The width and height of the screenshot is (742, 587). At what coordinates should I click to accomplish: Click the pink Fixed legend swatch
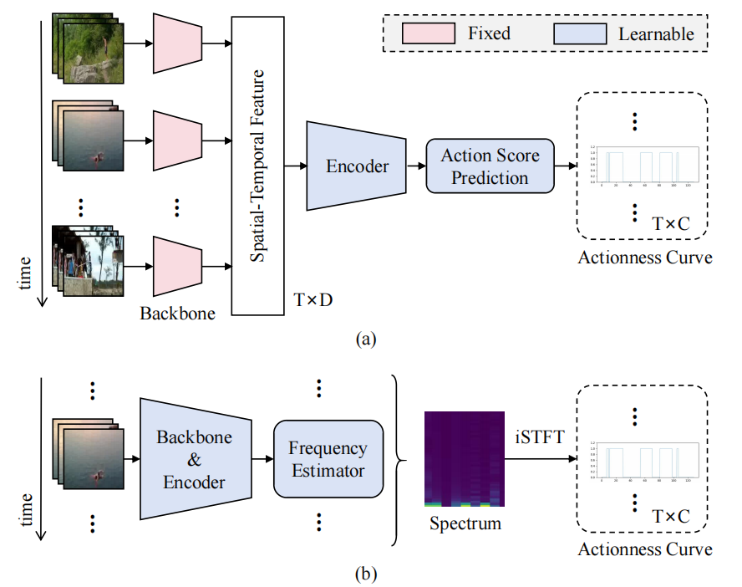(429, 33)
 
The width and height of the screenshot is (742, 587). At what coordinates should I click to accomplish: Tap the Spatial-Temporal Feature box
(257, 165)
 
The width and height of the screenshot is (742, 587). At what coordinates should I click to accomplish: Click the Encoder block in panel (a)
(355, 166)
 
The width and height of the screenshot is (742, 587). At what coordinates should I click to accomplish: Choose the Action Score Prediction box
(490, 166)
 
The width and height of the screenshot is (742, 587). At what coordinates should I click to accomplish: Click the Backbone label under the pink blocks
(177, 314)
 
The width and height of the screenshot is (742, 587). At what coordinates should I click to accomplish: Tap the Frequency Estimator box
(328, 459)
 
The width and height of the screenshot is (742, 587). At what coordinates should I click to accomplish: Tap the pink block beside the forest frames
(177, 43)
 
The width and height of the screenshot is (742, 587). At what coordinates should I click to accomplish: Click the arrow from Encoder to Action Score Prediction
(414, 166)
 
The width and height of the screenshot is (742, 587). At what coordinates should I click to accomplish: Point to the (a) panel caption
(366, 339)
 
